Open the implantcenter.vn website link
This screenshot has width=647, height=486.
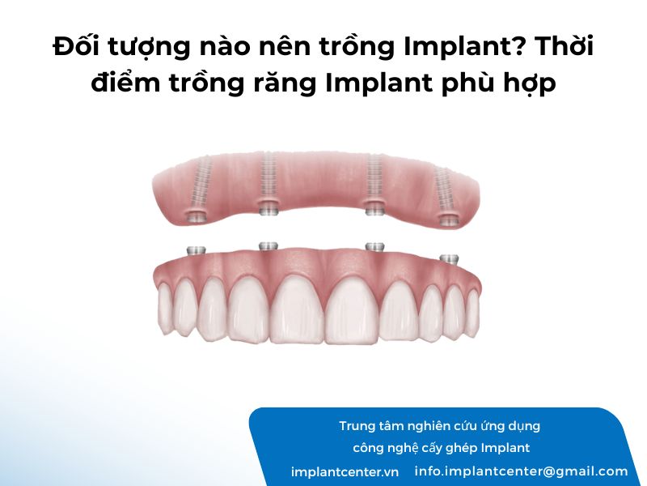pyautogui.click(x=345, y=472)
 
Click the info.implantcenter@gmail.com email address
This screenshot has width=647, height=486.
pyautogui.click(x=521, y=471)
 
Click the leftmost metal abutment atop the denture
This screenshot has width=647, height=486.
pyautogui.click(x=196, y=250)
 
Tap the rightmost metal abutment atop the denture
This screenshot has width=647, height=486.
pyautogui.click(x=449, y=259)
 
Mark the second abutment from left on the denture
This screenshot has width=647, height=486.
pyautogui.click(x=269, y=246)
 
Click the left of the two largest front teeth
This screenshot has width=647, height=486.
pyautogui.click(x=297, y=309)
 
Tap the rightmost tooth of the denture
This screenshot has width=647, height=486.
pyautogui.click(x=473, y=309)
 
